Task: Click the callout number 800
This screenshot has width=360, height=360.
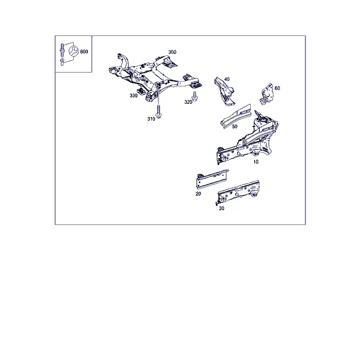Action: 84,52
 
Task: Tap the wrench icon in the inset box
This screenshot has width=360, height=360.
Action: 74,51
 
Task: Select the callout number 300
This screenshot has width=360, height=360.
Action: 172,52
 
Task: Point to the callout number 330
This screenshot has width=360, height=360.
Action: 133,95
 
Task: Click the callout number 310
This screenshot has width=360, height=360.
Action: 151,119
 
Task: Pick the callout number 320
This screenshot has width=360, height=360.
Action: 188,102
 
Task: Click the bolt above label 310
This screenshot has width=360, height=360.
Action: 158,112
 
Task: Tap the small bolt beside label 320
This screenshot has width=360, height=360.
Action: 194,96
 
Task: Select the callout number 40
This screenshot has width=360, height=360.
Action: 227,79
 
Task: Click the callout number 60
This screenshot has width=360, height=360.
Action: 277,88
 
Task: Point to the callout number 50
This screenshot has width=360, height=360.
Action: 235,127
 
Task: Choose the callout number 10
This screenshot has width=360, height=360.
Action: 256,162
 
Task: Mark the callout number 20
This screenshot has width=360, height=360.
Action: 198,194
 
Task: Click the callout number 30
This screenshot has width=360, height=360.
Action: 221,208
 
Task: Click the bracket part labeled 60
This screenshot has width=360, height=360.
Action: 266,94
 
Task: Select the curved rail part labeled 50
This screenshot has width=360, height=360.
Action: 235,116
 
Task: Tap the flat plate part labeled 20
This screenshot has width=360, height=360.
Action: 212,179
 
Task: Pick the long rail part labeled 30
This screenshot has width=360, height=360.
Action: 238,193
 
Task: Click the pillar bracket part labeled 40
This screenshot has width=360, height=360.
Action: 224,91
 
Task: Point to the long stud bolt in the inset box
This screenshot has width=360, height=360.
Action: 62,50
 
